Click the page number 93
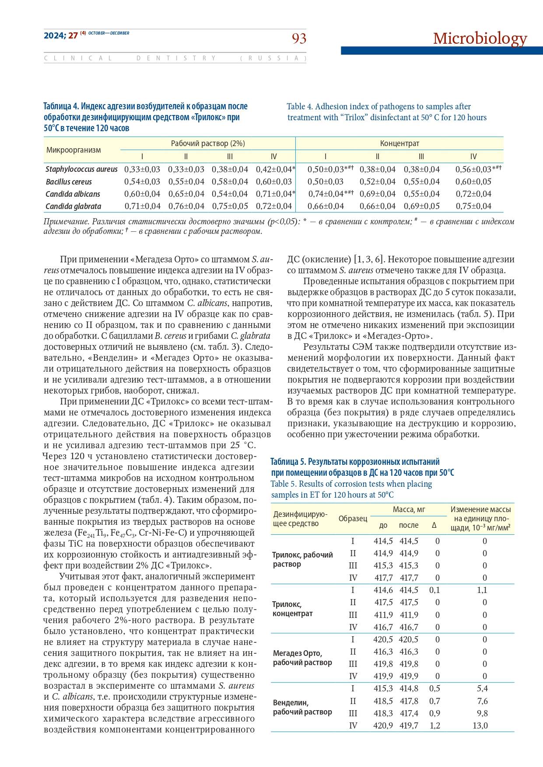pos(299,39)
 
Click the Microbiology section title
pos(480,38)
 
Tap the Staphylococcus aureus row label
pos(81,169)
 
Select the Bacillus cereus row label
pos(69,181)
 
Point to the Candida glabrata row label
pos(73,206)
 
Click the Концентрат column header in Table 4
pos(399,143)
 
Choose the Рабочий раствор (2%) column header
pos(208,143)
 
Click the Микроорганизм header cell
pos(74,150)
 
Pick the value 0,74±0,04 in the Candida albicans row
pos(326,194)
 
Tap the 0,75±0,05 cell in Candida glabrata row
pos(230,206)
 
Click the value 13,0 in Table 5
pos(482,725)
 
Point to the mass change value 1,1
pos(482,590)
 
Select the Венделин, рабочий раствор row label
pos(302,707)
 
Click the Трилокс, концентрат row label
pos(292,609)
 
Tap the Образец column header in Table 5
pos(353,519)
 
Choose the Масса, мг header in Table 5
pos(409,509)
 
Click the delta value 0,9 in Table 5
pos(434,713)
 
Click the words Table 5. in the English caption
pos(285,484)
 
